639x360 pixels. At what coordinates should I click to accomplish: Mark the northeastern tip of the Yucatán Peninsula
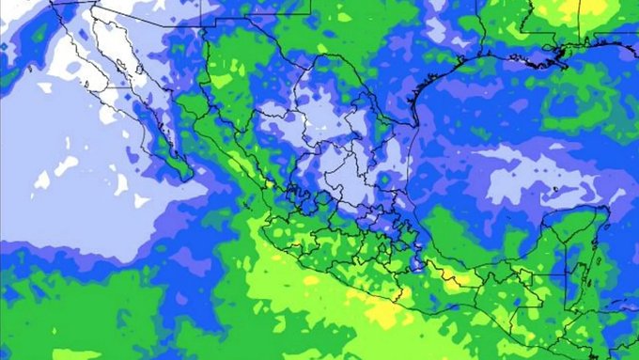tap(602, 214)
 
